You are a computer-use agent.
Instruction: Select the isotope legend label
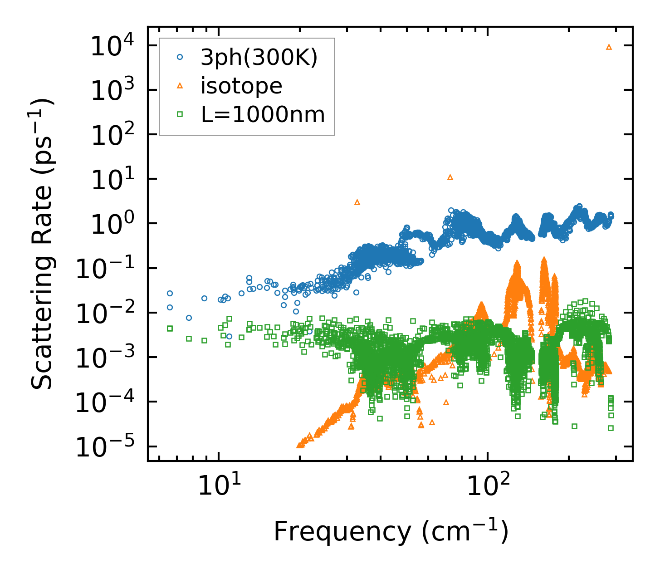click(241, 86)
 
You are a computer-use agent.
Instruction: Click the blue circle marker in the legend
click(180, 58)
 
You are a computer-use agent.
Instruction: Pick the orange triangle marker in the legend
click(180, 86)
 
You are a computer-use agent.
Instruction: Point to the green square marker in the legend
click(180, 114)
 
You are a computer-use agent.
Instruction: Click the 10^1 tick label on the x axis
click(220, 485)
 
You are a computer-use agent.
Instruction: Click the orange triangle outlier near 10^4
click(609, 47)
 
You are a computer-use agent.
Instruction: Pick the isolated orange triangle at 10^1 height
click(450, 177)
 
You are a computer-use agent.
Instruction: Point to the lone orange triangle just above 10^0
click(357, 202)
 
